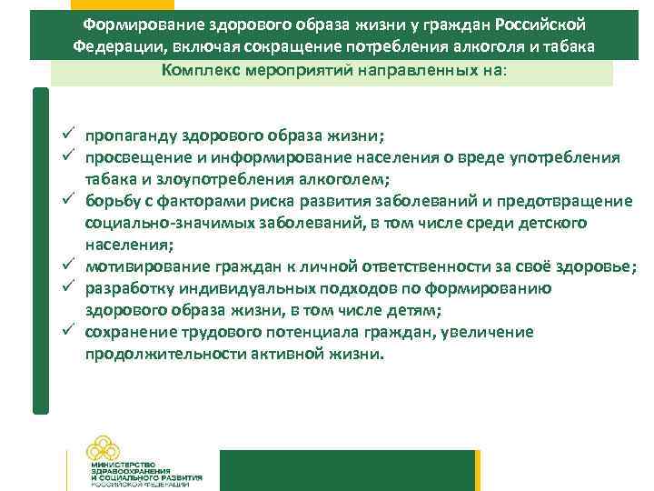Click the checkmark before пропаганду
[68, 136]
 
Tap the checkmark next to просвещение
[68, 157]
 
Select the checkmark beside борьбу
[68, 201]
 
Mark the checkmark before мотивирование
[68, 266]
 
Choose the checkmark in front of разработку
[68, 288]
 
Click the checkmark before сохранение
[68, 332]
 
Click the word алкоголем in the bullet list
[350, 179]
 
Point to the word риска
[271, 201]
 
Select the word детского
[550, 223]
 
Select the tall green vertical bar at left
[40, 250]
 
